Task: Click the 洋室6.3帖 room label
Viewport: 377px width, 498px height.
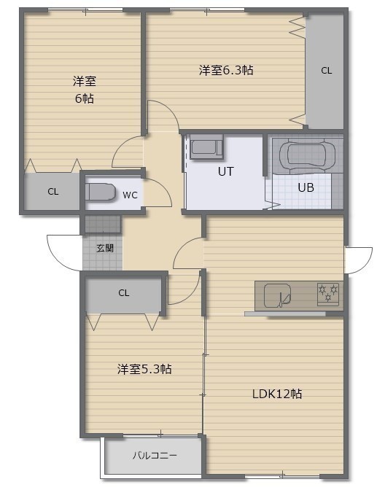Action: (226, 70)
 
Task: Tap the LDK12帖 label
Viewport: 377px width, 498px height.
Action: (277, 394)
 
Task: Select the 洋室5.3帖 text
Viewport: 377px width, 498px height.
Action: (144, 369)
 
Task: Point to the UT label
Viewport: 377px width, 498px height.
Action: (225, 171)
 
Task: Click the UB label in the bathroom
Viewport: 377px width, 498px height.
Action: (306, 187)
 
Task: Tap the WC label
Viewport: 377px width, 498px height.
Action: (130, 195)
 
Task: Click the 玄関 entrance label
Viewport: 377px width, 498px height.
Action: (105, 248)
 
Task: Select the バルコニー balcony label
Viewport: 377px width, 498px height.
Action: (155, 455)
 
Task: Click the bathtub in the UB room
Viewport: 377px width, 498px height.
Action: (307, 155)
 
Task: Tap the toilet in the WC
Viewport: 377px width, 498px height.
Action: (100, 192)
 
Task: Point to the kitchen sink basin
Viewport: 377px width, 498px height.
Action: (277, 296)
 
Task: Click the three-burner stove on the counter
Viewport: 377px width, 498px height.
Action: (328, 294)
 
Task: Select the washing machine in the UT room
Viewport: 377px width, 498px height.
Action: (206, 147)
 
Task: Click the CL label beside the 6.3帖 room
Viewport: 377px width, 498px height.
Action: (326, 71)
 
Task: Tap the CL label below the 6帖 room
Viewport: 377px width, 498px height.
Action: (53, 192)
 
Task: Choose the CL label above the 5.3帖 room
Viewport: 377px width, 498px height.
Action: (123, 292)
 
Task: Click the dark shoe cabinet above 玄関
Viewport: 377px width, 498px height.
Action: (103, 224)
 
